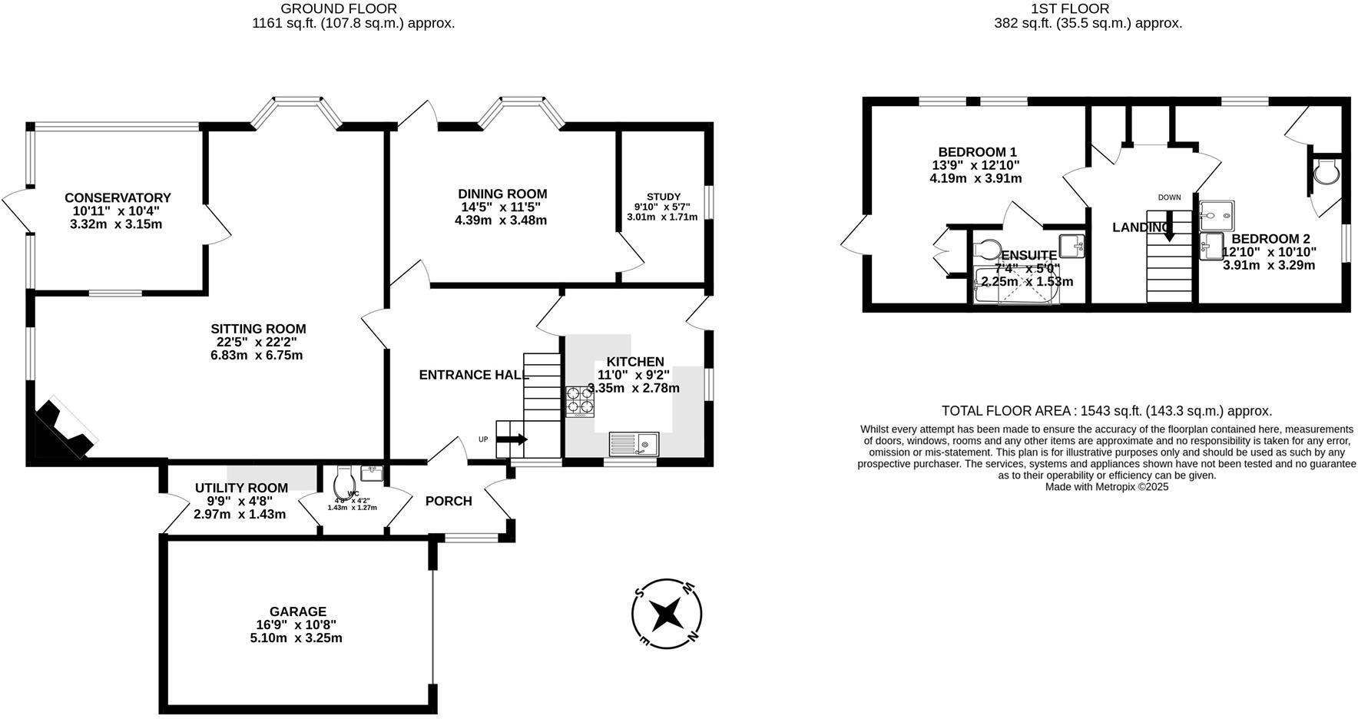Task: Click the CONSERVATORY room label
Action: (x=118, y=198)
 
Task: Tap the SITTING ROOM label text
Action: (x=258, y=330)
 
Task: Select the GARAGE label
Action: (x=297, y=611)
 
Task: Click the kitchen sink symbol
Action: (x=634, y=443)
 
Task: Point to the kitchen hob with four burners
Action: (x=580, y=401)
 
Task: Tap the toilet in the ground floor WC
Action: (x=344, y=482)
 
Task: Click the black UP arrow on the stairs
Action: (x=512, y=439)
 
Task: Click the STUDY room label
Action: (x=663, y=197)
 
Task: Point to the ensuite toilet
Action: (x=986, y=249)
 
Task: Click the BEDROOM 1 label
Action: (x=977, y=152)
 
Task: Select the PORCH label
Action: (x=449, y=502)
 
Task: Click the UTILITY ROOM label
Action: (x=241, y=488)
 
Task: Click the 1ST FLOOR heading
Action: (x=1081, y=9)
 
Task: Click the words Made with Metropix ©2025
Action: (x=1106, y=486)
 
